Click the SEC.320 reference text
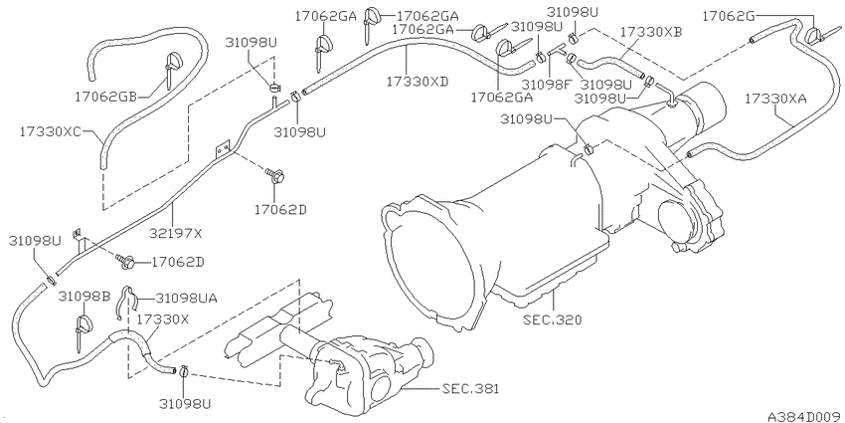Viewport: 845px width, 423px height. [549, 320]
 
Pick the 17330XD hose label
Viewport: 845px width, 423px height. [418, 79]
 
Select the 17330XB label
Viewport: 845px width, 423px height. [650, 33]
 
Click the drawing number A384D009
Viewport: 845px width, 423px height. [803, 413]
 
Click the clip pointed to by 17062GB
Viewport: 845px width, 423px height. [172, 64]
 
